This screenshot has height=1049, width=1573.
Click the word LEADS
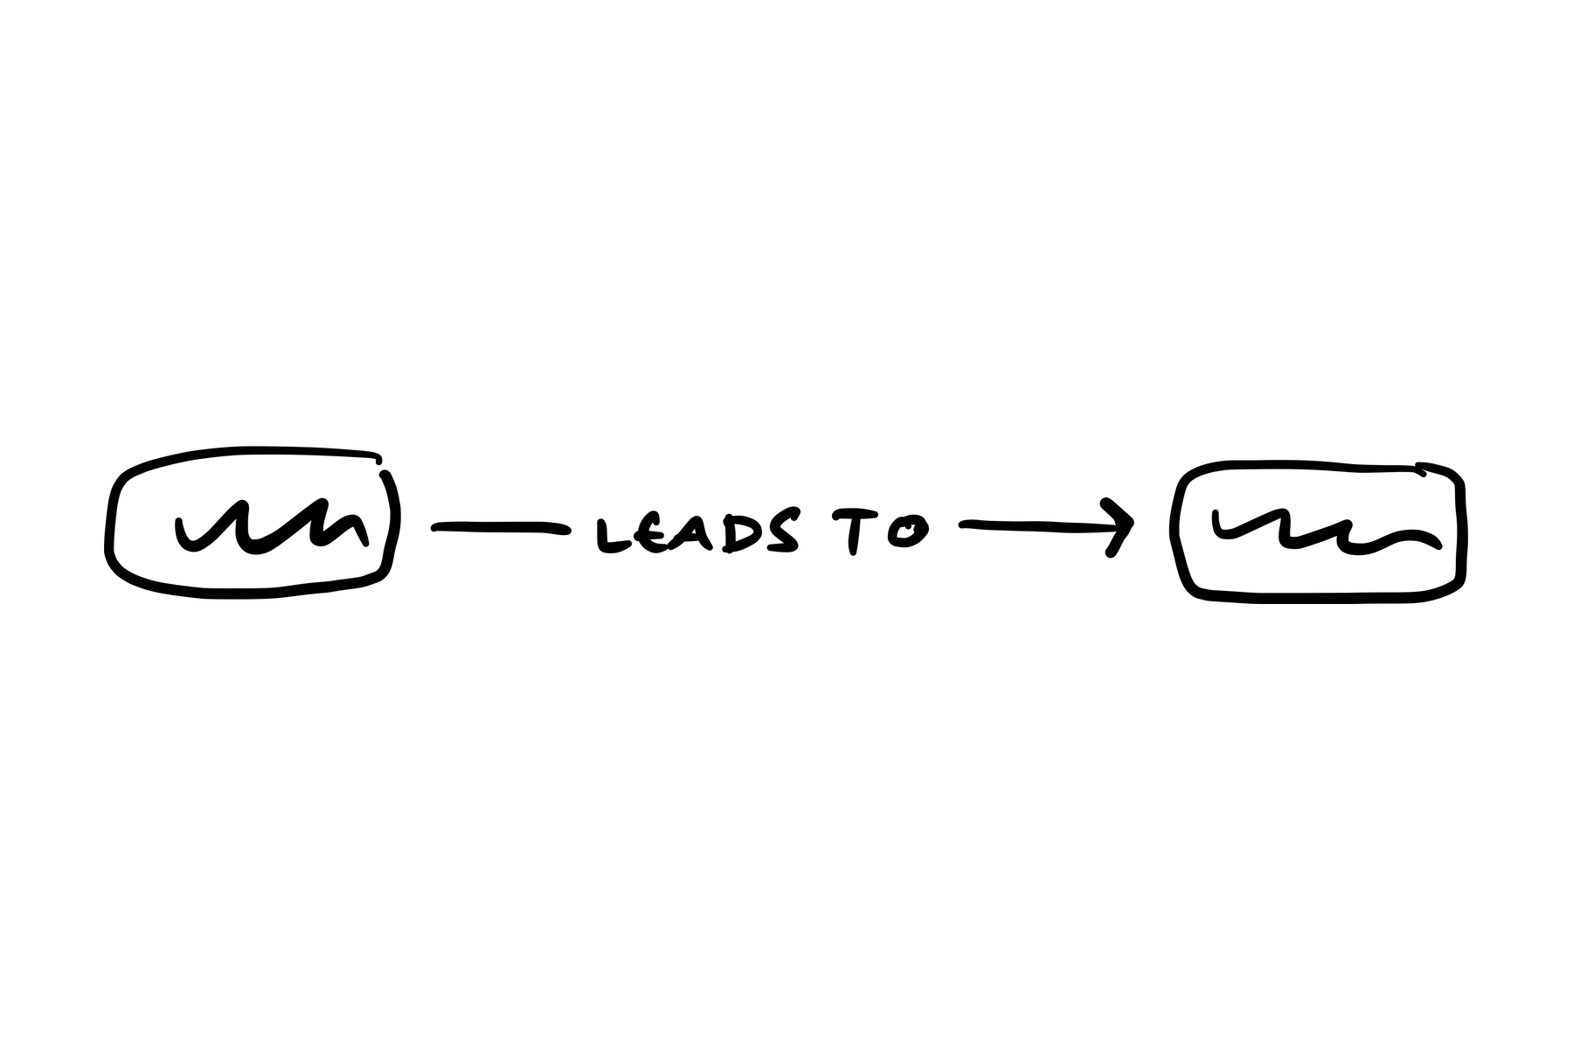[x=697, y=533]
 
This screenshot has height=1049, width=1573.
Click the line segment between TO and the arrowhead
[x=1031, y=524]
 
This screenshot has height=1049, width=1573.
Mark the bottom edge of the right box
[x=1320, y=598]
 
